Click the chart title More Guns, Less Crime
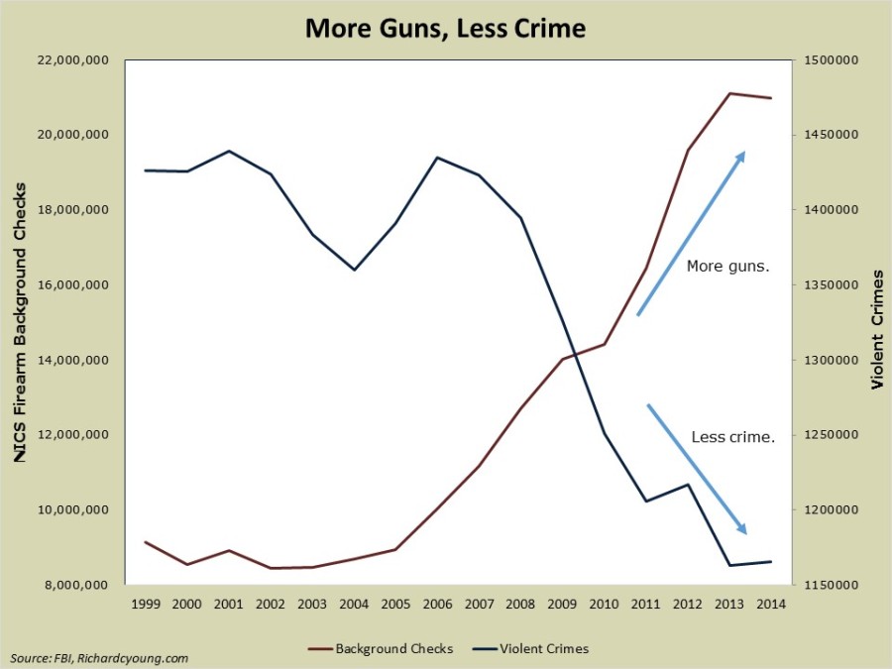tap(445, 28)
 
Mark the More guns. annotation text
tap(728, 267)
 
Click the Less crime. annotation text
tap(732, 436)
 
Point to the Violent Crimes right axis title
tap(877, 323)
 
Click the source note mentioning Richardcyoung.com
tap(99, 658)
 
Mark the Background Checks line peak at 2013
tap(729, 93)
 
